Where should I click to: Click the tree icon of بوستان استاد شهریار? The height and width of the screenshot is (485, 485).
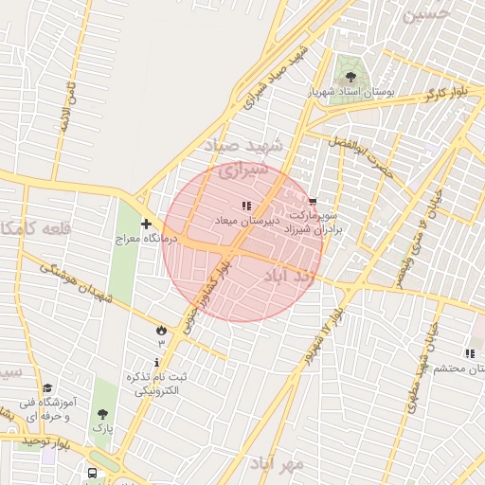click(x=351, y=77)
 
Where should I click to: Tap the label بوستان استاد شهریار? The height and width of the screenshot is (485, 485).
click(x=350, y=94)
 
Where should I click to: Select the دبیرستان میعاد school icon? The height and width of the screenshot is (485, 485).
click(x=247, y=206)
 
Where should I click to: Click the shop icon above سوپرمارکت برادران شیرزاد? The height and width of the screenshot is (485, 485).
click(x=314, y=202)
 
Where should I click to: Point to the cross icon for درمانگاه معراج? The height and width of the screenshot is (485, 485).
click(x=146, y=225)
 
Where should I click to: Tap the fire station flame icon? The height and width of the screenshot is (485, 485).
click(x=160, y=330)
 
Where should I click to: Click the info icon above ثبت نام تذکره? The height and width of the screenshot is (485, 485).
click(x=157, y=362)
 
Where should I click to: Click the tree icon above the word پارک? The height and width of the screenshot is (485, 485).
click(x=102, y=414)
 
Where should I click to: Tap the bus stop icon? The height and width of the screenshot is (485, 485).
click(x=92, y=472)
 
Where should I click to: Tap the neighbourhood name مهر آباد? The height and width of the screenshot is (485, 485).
click(x=277, y=463)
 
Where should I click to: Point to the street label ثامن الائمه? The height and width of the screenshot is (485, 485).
click(x=67, y=105)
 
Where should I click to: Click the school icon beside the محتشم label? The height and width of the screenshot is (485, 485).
click(x=471, y=353)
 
